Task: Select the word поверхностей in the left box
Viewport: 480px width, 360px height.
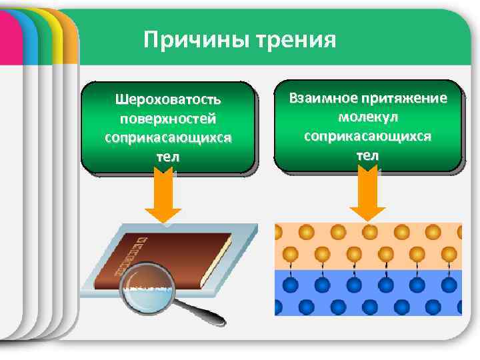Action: [x=168, y=119]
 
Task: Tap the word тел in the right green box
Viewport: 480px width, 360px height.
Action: [x=367, y=155]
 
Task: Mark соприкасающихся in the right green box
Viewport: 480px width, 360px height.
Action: [x=367, y=135]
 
